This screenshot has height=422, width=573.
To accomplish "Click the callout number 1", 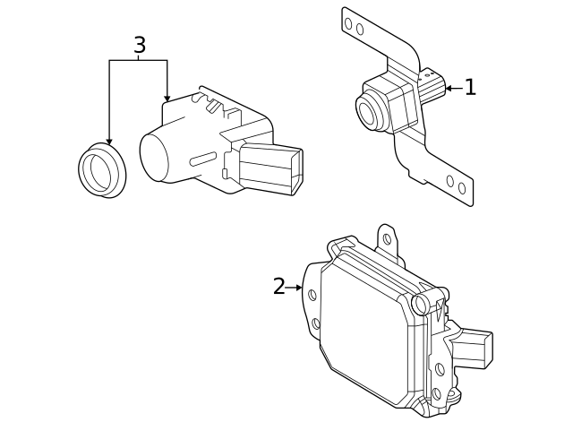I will pyautogui.click(x=469, y=88).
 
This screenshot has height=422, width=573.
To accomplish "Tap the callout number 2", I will pyautogui.click(x=278, y=287).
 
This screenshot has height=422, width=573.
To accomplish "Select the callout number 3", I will pyautogui.click(x=139, y=45).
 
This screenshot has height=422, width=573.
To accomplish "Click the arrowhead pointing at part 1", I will pyautogui.click(x=449, y=88).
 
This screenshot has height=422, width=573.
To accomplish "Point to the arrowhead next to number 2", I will pyautogui.click(x=298, y=288).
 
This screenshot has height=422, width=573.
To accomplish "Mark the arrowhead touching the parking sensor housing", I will pyautogui.click(x=167, y=97).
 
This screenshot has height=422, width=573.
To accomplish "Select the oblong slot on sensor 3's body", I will pyautogui.click(x=201, y=159).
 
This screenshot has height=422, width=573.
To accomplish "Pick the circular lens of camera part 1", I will pyautogui.click(x=368, y=110).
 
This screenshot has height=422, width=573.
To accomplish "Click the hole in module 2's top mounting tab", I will pyautogui.click(x=387, y=239).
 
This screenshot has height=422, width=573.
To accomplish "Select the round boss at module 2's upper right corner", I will pyautogui.click(x=422, y=303).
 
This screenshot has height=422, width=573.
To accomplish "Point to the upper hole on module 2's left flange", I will pyautogui.click(x=312, y=294).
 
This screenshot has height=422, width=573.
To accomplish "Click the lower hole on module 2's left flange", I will pyautogui.click(x=315, y=323).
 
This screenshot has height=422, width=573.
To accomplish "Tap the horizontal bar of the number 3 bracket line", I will pyautogui.click(x=139, y=60).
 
